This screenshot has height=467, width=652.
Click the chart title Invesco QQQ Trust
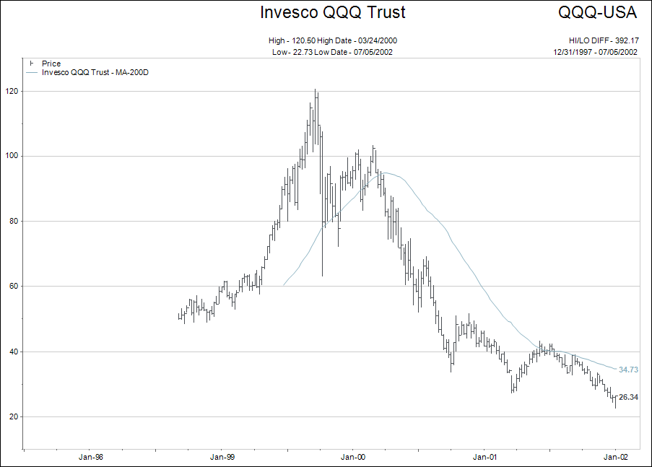tap(332, 12)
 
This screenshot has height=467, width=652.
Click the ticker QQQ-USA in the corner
tap(597, 12)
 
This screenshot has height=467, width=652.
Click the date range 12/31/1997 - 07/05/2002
tap(595, 52)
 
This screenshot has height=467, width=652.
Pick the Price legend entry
tap(51, 64)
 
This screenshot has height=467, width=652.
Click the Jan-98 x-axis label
tap(90, 456)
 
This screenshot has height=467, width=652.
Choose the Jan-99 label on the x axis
tap(222, 456)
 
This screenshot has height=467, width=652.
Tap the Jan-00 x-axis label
tap(353, 456)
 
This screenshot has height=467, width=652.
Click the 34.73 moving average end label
tap(629, 370)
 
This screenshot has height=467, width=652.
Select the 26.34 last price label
tap(629, 397)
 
